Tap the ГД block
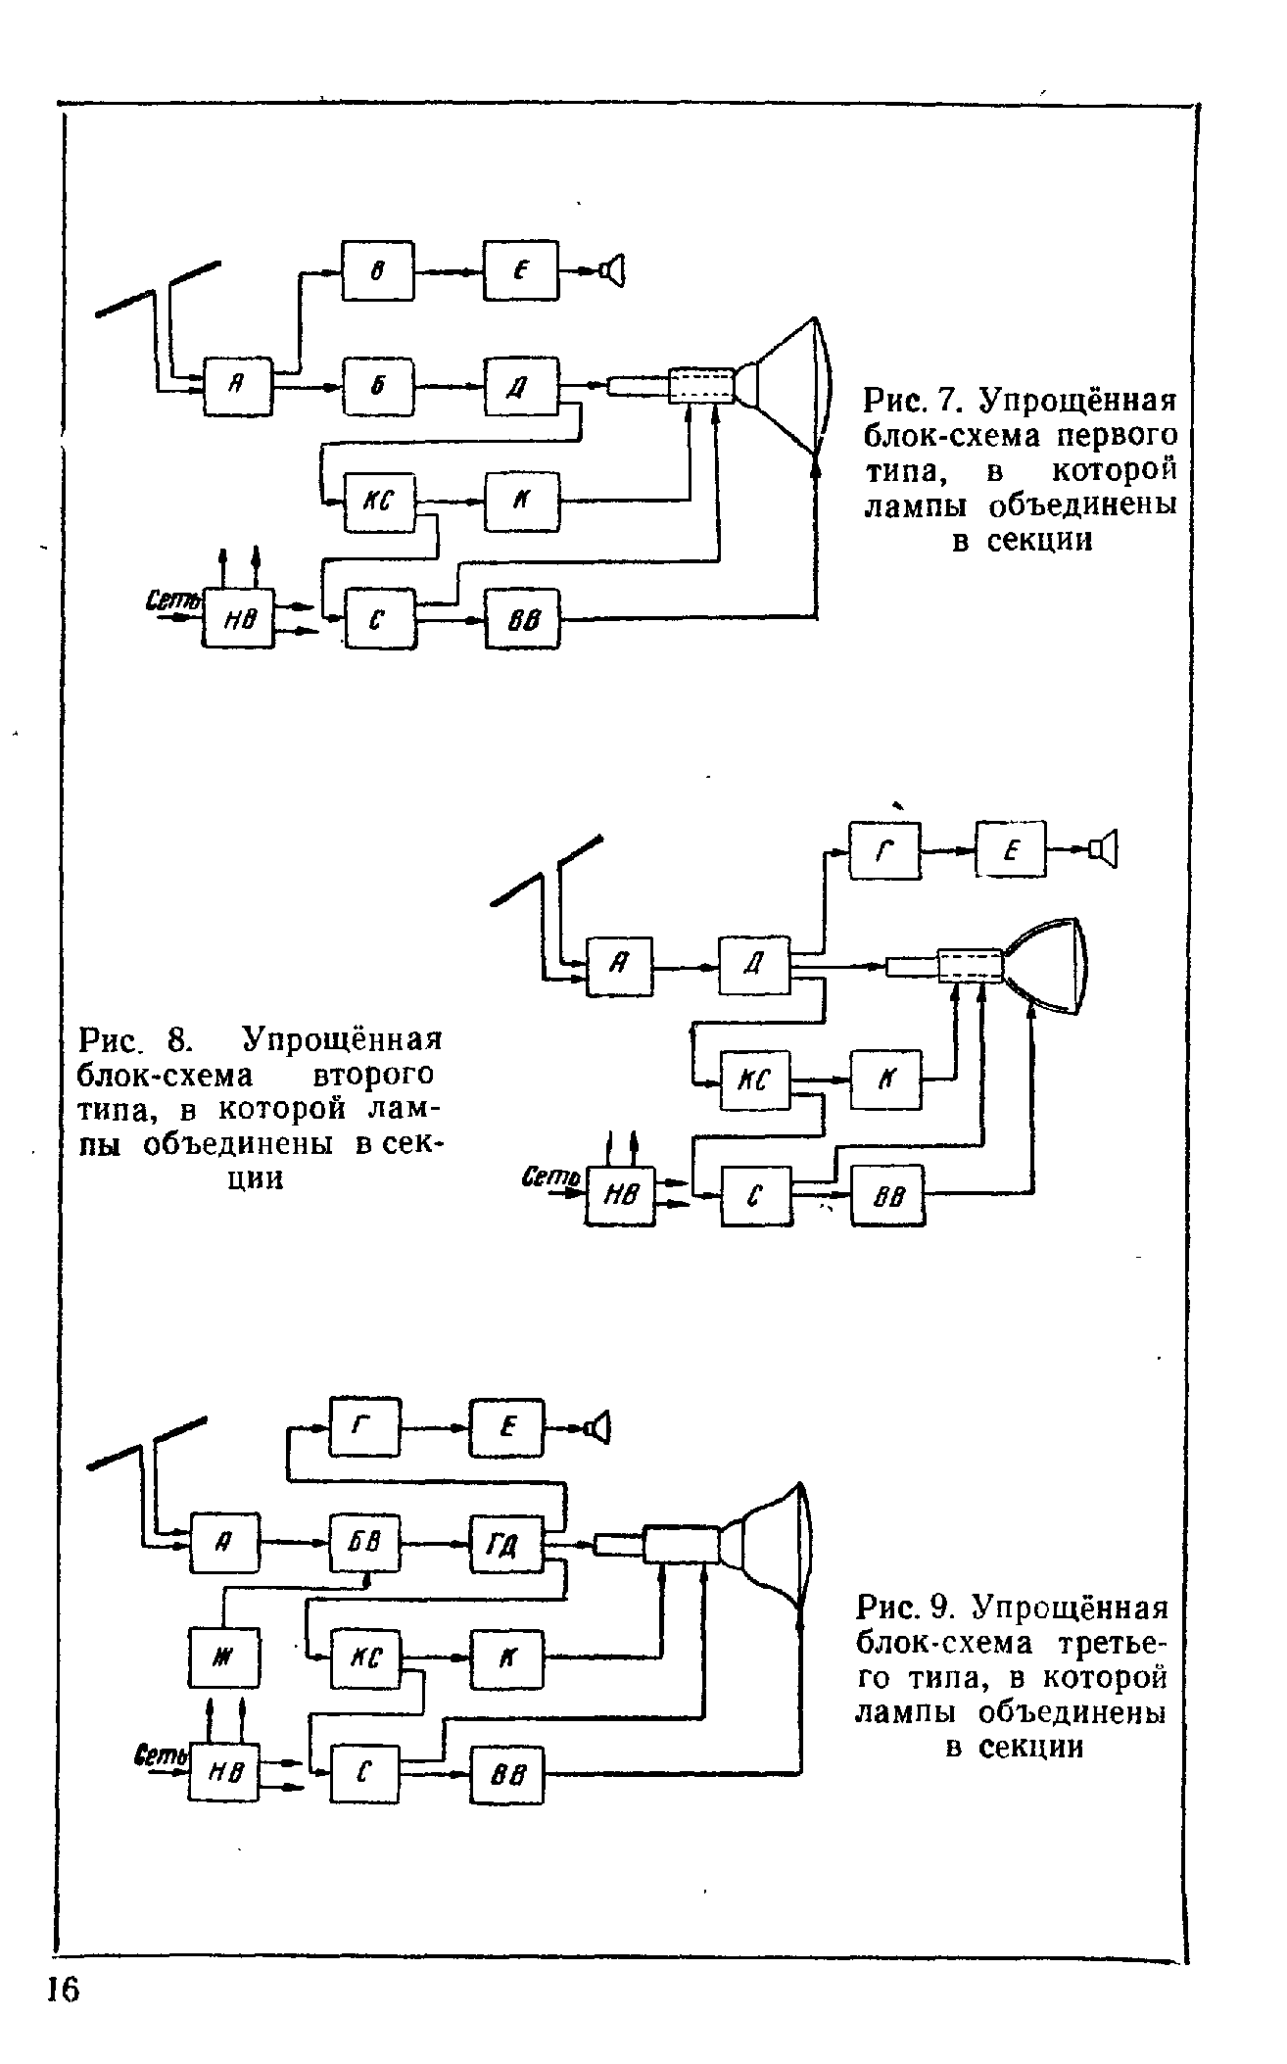[x=505, y=1545]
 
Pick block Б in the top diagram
[x=378, y=387]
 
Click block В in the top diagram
[x=377, y=271]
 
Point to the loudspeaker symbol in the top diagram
[x=614, y=270]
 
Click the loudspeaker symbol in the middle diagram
[x=1105, y=849]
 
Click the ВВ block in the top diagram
[x=522, y=618]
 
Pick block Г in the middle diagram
[x=884, y=849]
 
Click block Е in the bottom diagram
[x=506, y=1427]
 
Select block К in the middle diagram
[x=885, y=1080]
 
